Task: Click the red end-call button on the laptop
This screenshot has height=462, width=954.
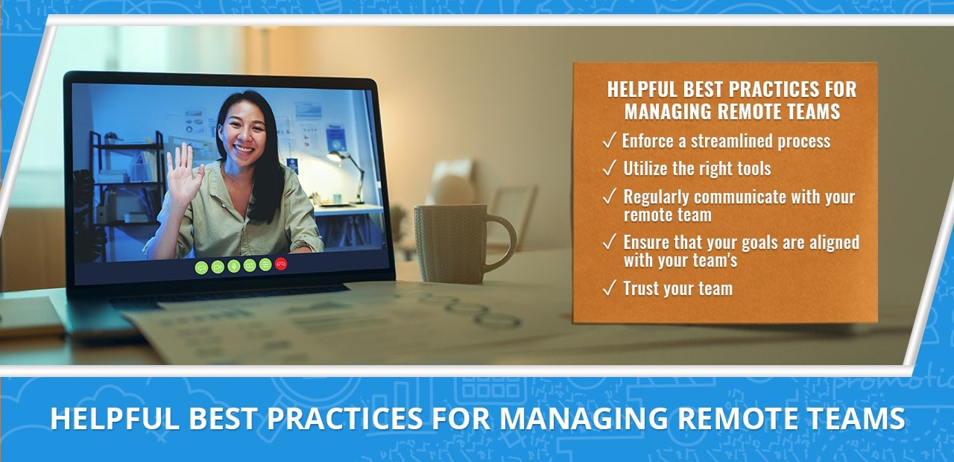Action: point(281,264)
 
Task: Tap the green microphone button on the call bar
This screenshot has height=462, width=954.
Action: point(234,266)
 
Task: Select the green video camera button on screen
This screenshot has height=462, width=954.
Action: point(218,267)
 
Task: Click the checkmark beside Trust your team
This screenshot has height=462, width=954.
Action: point(610,288)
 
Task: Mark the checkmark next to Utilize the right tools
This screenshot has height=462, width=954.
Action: point(610,168)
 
